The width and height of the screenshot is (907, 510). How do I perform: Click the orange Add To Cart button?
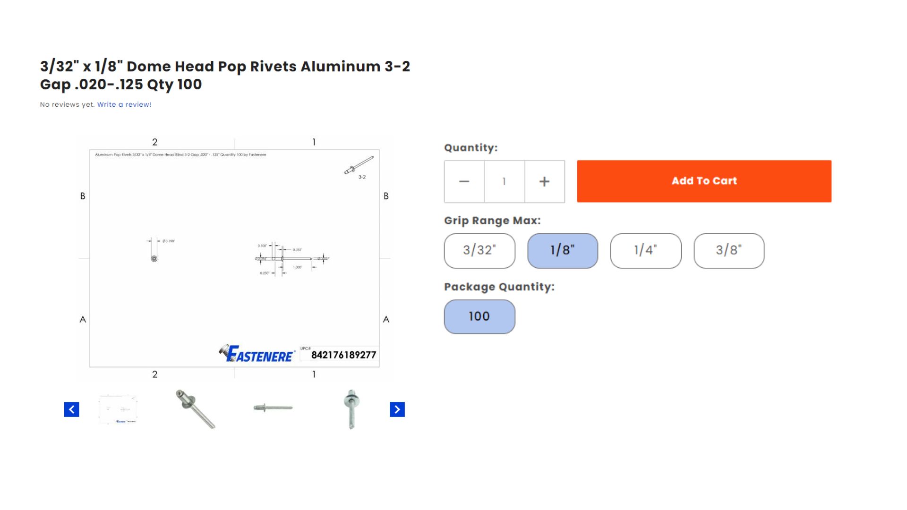[704, 181]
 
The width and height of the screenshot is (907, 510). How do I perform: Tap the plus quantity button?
[544, 182]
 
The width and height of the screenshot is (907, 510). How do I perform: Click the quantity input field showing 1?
[504, 182]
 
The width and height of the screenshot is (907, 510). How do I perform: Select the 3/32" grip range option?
[479, 251]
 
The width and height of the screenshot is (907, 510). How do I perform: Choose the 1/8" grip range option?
[563, 251]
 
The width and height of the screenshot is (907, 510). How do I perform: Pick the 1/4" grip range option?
[646, 251]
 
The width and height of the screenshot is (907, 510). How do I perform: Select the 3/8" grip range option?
[729, 251]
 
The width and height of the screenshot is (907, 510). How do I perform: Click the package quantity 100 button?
[479, 317]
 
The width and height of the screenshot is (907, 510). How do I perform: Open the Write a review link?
[124, 105]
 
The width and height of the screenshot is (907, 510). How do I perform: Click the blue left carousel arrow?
[72, 409]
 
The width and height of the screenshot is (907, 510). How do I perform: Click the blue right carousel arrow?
[397, 409]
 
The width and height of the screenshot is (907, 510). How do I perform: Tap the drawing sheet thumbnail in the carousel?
[118, 409]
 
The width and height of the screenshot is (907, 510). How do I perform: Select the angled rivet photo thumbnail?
[196, 409]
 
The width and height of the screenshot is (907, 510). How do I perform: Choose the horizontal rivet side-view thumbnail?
[273, 408]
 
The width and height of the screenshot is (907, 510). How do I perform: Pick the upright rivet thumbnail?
[351, 409]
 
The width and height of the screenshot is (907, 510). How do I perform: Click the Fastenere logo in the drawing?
[257, 354]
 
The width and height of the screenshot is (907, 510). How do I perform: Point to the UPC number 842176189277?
[343, 355]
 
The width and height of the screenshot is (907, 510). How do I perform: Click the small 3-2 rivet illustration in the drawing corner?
[359, 166]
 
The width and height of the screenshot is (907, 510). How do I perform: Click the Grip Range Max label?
[492, 221]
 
